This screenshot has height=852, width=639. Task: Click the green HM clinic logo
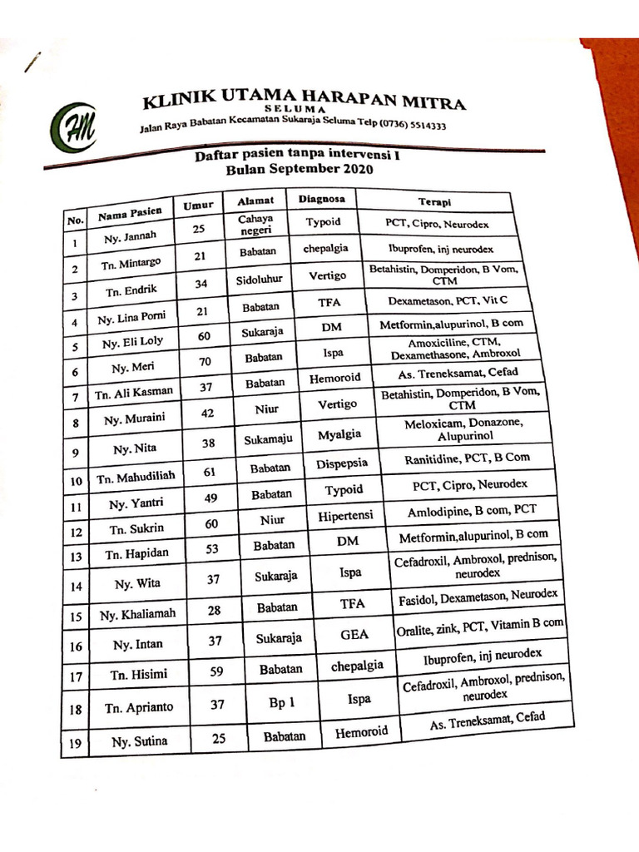[x=74, y=128]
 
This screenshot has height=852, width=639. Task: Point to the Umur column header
[x=197, y=205]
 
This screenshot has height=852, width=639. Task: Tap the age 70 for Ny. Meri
[x=204, y=361]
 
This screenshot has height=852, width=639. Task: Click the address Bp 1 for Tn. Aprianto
[x=282, y=703]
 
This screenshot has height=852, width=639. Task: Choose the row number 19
[x=75, y=743]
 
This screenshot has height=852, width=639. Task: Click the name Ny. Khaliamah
[x=137, y=616]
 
